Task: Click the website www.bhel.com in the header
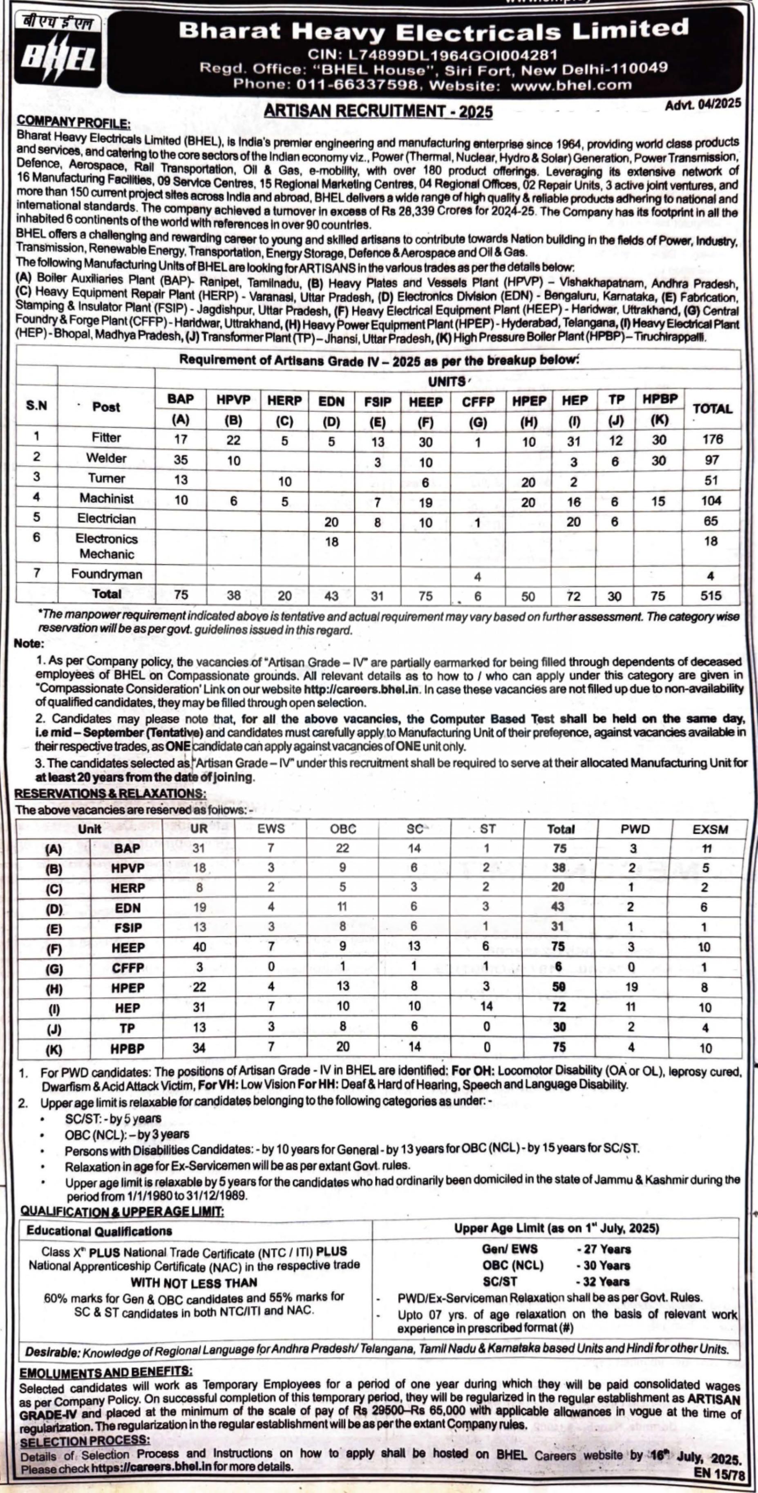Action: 571,85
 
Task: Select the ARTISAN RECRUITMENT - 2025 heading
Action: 378,111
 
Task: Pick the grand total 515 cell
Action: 711,595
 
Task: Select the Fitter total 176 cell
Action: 711,439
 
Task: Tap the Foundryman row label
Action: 106,574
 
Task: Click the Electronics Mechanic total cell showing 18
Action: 711,541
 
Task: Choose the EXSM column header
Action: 710,829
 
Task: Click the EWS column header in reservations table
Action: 271,829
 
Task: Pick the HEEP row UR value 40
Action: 199,947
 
